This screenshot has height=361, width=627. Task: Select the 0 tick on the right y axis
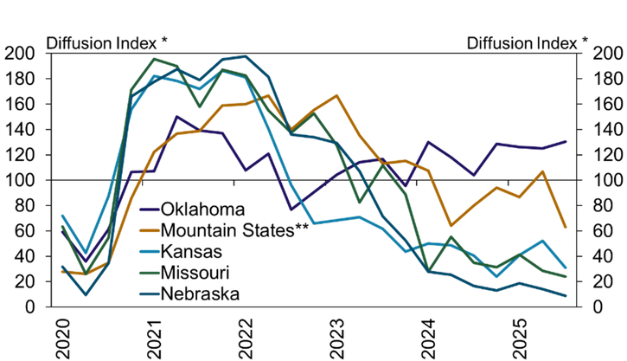click(585, 307)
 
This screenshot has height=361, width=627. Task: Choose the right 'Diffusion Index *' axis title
click(528, 42)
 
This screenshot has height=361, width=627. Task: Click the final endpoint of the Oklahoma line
click(566, 141)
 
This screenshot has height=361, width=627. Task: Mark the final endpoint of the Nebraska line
click(566, 296)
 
